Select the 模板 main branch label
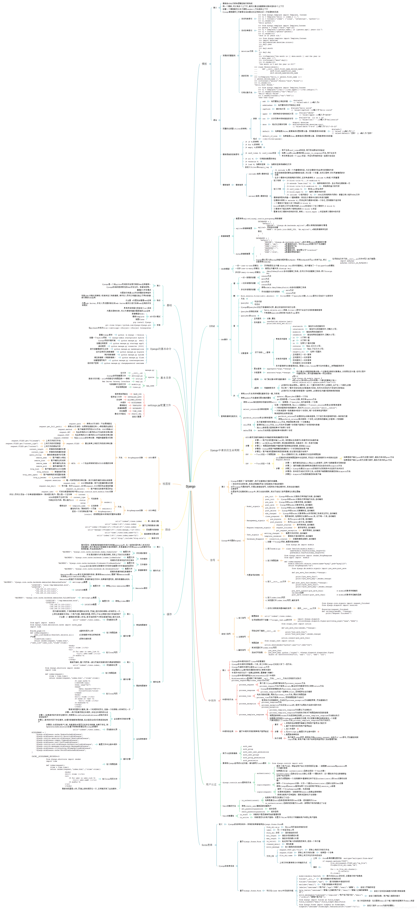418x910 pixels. coord(204,64)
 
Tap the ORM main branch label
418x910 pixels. coord(212,326)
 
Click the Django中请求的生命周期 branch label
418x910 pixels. coord(224,450)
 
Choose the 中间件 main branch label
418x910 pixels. coord(212,700)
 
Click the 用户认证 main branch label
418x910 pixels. coord(211,784)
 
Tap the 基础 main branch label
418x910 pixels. coord(169,305)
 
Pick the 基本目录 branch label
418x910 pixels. coord(166,378)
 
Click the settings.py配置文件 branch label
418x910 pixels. coord(159,405)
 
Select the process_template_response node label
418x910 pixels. coord(251,715)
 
